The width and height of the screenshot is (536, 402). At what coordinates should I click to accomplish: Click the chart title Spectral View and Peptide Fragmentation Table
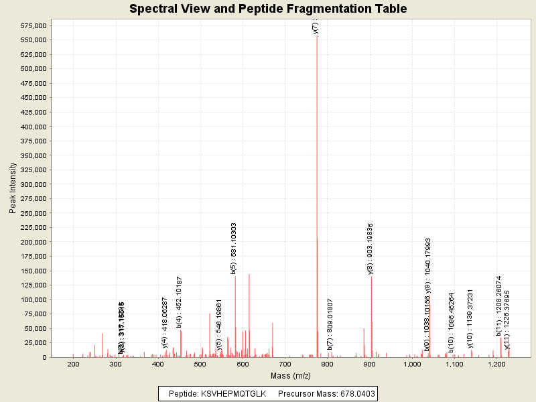click(x=268, y=9)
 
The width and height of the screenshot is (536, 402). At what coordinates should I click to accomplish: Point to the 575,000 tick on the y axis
click(x=31, y=25)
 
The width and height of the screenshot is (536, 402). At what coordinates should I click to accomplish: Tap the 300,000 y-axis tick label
click(x=31, y=184)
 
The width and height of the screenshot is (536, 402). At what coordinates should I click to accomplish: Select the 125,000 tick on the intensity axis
click(x=31, y=285)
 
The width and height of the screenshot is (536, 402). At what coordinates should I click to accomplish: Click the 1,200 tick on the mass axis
click(x=496, y=364)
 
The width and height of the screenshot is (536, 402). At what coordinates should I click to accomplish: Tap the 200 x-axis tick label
click(x=73, y=364)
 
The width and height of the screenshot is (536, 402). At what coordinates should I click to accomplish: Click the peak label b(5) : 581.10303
click(x=234, y=249)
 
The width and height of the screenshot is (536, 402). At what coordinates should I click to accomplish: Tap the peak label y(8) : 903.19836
click(x=370, y=249)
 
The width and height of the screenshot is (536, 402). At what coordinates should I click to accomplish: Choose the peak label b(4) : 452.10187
click(x=180, y=302)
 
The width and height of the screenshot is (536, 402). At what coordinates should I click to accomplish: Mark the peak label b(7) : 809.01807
click(x=330, y=325)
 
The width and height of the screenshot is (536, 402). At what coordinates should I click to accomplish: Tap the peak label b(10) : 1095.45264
click(x=452, y=322)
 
